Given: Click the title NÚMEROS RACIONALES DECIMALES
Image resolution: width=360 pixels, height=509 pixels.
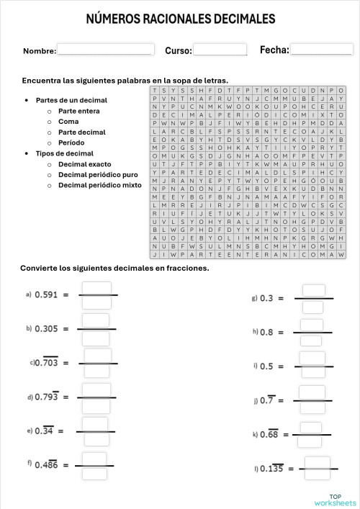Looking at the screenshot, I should [x=180, y=18].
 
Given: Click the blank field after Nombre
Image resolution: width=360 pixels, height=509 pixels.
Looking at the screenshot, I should [x=104, y=50].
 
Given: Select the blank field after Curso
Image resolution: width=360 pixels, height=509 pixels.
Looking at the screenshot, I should [x=220, y=50].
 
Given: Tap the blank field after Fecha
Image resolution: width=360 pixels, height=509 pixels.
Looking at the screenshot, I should [x=321, y=49].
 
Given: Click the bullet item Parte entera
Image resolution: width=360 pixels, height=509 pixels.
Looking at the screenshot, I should [x=78, y=111].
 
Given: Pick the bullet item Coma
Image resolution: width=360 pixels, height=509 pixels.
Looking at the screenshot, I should [x=68, y=122].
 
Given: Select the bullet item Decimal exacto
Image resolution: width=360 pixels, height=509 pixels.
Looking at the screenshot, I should [x=84, y=164].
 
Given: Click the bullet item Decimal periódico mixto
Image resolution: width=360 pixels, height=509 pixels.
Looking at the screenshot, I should [x=99, y=185].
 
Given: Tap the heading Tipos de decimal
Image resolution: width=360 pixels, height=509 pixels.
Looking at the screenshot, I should [x=64, y=153].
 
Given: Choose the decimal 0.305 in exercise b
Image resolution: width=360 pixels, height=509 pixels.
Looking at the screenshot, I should [x=47, y=328].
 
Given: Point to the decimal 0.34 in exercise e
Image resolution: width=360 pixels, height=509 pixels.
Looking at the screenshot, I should [x=44, y=431].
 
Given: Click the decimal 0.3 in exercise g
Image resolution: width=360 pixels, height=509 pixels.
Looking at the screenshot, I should [x=267, y=298].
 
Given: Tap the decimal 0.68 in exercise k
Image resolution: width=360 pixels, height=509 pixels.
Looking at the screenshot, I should [x=269, y=434].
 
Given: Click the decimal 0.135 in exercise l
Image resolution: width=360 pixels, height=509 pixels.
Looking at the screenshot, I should [x=271, y=469].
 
